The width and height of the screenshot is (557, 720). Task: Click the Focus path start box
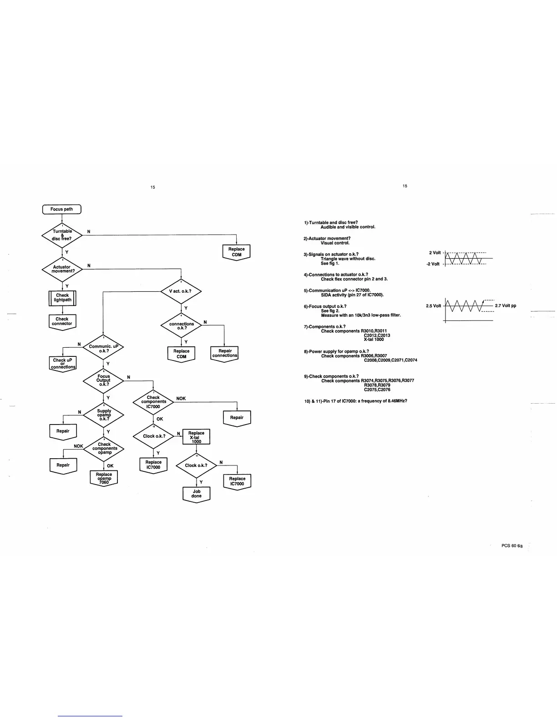pyautogui.click(x=62, y=209)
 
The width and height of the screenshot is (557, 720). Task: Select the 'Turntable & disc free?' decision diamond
pyautogui.click(x=62, y=235)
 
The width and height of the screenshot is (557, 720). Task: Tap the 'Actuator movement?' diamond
pyautogui.click(x=62, y=269)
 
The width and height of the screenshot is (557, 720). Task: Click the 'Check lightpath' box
pyautogui.click(x=62, y=298)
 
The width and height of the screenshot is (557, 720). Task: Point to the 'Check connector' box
pyautogui.click(x=62, y=321)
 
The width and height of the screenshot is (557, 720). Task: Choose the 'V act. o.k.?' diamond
pyautogui.click(x=181, y=291)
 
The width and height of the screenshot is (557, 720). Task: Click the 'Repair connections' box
pyautogui.click(x=225, y=353)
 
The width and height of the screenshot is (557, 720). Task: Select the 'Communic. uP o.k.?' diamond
pyautogui.click(x=104, y=349)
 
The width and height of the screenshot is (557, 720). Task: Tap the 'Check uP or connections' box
pyautogui.click(x=63, y=363)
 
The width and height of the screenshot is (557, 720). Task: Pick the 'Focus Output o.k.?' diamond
pyautogui.click(x=104, y=380)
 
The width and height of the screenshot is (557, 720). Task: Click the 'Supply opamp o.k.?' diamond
pyautogui.click(x=104, y=415)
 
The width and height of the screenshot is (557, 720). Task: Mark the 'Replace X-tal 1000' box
pyautogui.click(x=196, y=437)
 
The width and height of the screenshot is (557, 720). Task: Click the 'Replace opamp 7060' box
pyautogui.click(x=104, y=478)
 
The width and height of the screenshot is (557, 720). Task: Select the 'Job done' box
pyautogui.click(x=197, y=494)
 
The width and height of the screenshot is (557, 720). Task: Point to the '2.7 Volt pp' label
pyautogui.click(x=506, y=306)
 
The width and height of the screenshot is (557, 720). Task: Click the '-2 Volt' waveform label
pyautogui.click(x=433, y=264)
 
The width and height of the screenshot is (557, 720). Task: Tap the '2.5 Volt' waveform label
pyautogui.click(x=433, y=306)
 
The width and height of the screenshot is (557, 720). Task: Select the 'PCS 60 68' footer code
pyautogui.click(x=512, y=546)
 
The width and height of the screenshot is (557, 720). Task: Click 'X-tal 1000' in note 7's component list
pyautogui.click(x=374, y=340)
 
